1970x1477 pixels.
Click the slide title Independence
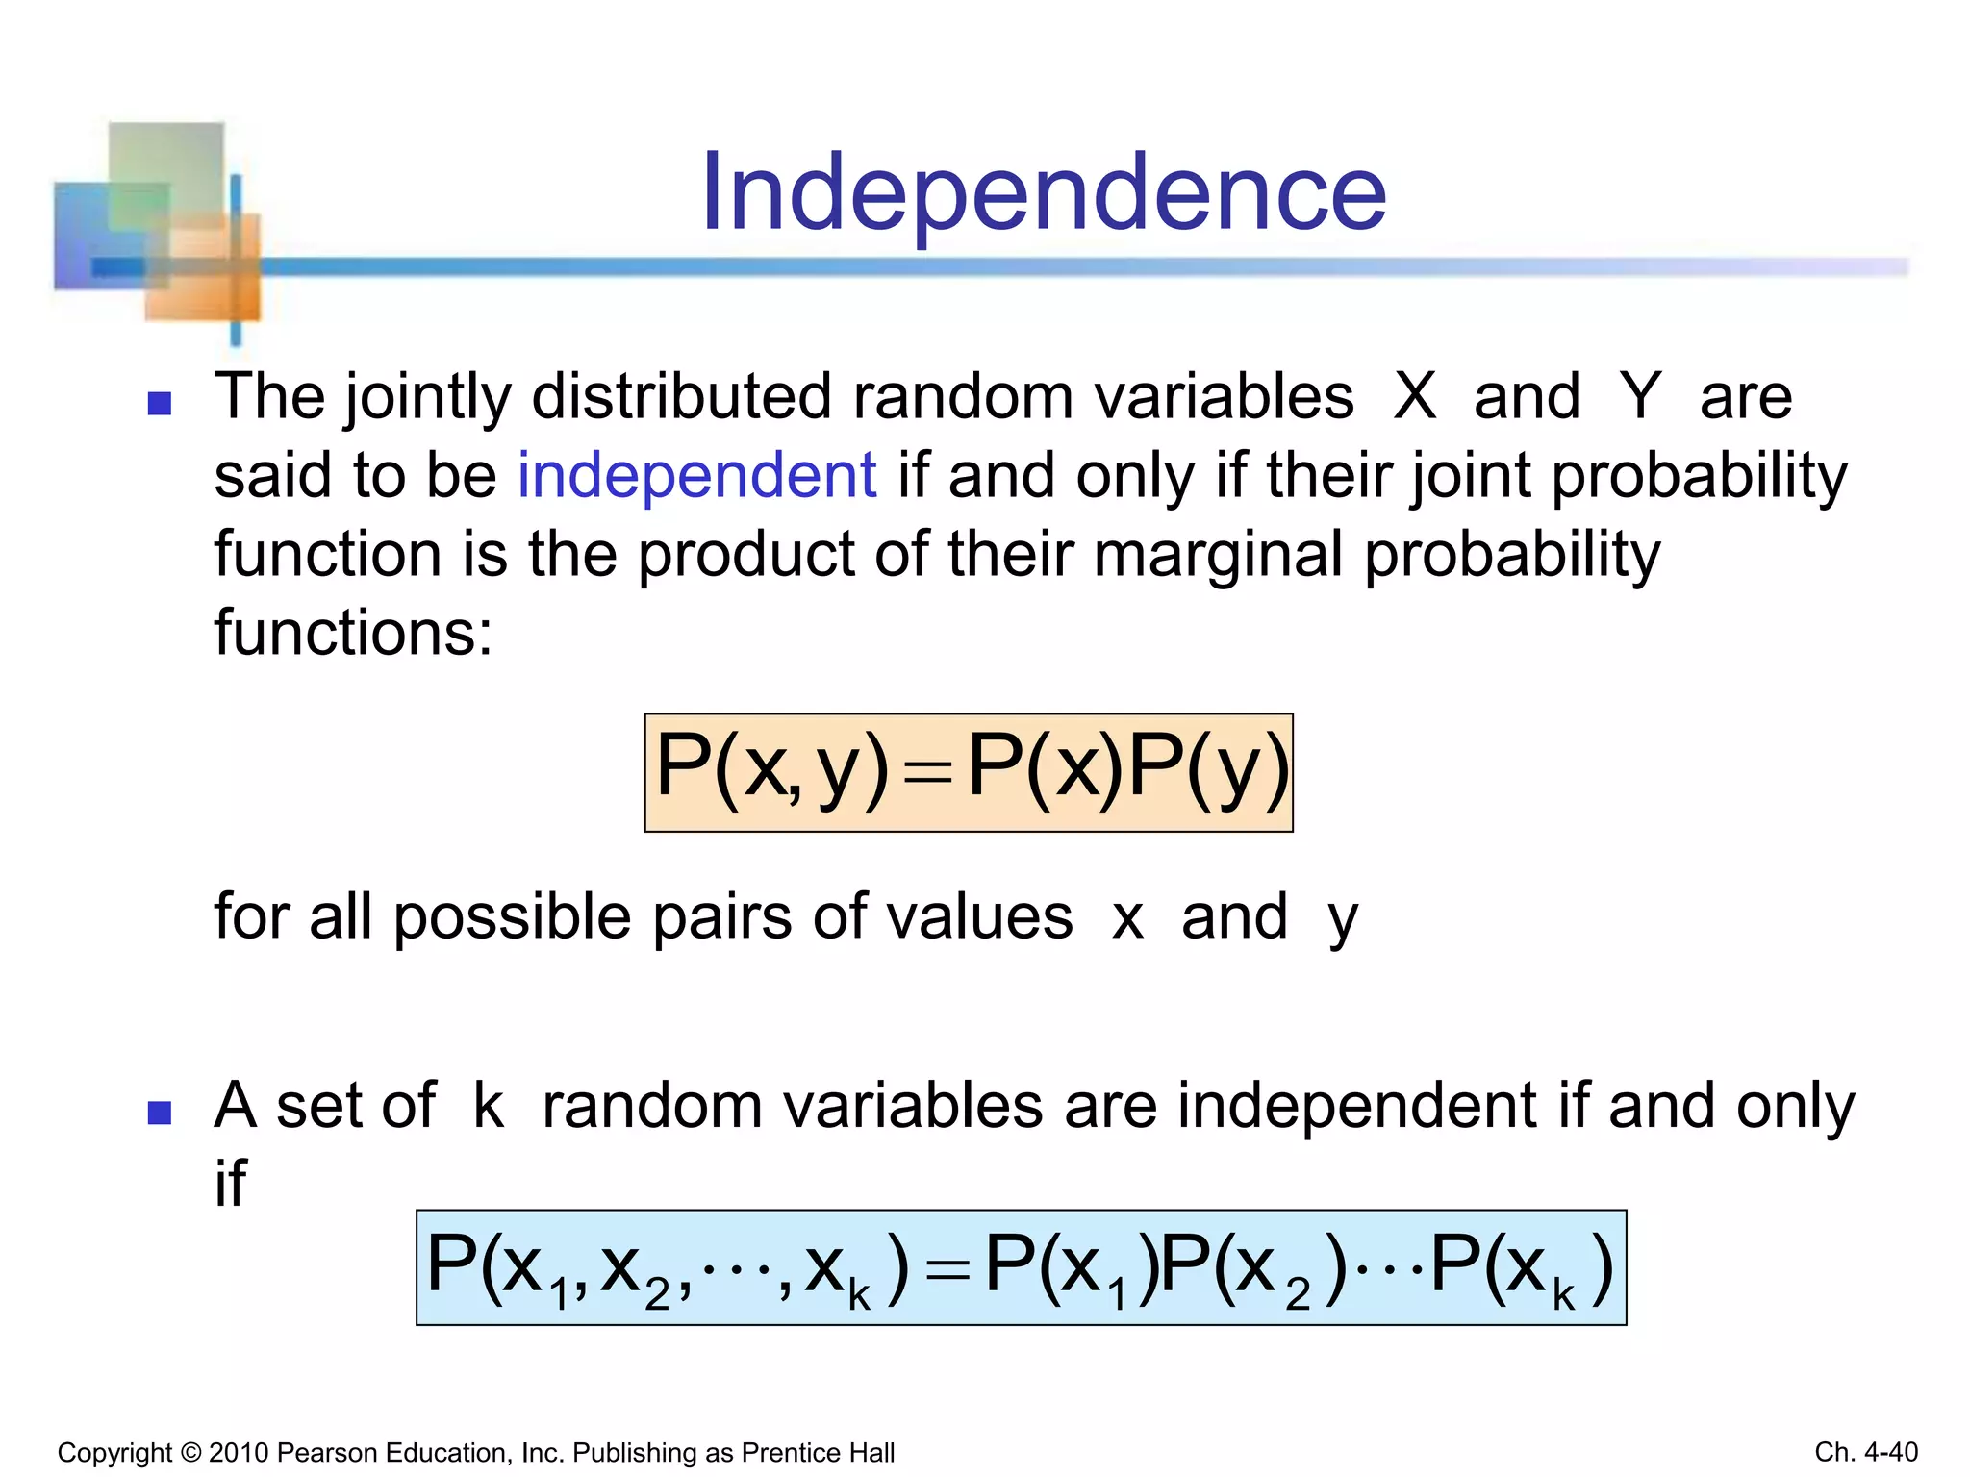point(1044,194)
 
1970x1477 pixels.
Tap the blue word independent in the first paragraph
point(696,475)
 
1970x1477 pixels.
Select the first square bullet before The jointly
point(160,403)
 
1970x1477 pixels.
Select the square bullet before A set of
point(160,1113)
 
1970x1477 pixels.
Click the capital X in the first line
point(1415,396)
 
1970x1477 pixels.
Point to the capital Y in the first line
point(1639,396)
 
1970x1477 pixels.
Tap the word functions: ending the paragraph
point(353,634)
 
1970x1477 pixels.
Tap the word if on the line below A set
point(230,1184)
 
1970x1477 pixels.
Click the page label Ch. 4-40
point(1865,1452)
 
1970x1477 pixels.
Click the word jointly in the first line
point(427,398)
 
